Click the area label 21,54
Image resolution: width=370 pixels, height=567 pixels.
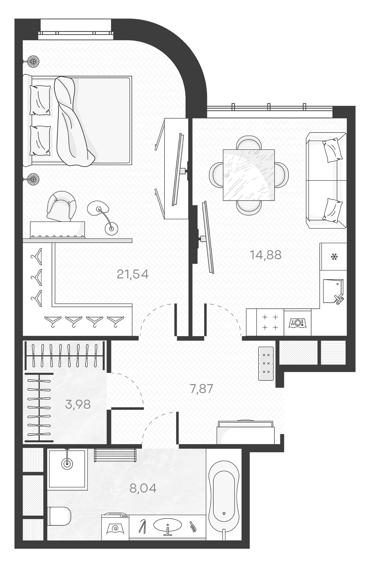tap(132, 274)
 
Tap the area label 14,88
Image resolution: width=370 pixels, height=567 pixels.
tap(266, 255)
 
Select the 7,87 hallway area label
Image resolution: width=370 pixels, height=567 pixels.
tap(201, 389)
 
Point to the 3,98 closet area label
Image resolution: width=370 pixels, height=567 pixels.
tap(78, 404)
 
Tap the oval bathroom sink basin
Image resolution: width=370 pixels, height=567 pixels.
tap(167, 524)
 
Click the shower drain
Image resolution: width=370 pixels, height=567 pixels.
tap(67, 464)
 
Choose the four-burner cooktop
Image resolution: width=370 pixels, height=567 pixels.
tap(270, 322)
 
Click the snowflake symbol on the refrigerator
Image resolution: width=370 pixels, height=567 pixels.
tap(334, 257)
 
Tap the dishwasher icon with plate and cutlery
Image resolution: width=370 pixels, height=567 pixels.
tap(297, 323)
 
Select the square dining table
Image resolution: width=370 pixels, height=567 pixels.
tap(249, 175)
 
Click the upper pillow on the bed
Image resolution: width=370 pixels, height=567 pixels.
tap(40, 100)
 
